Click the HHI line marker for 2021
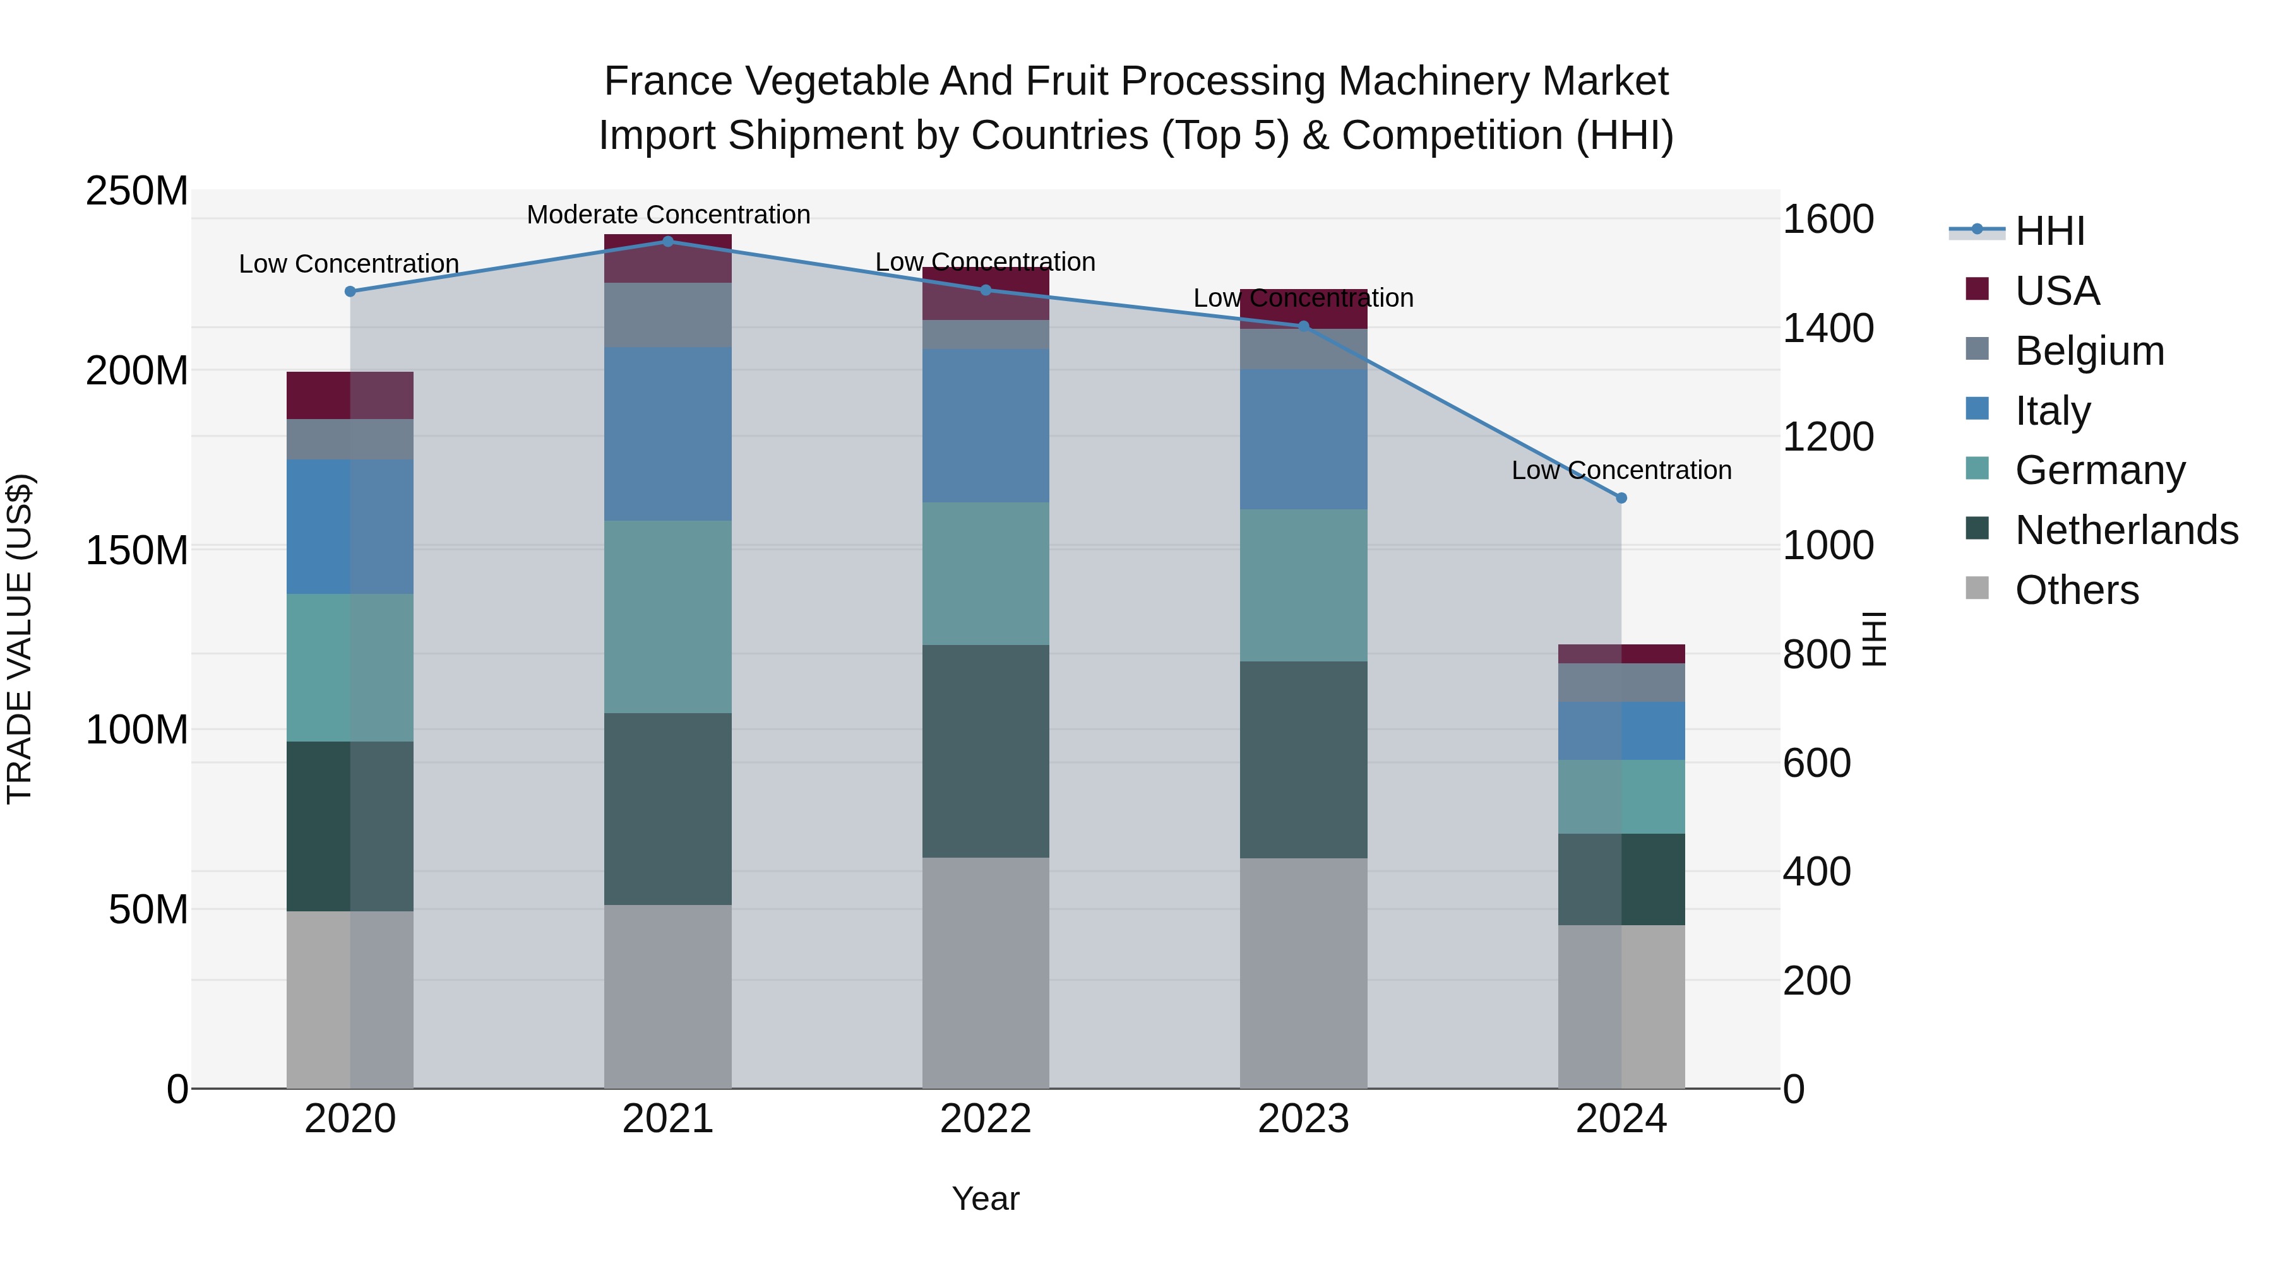667,242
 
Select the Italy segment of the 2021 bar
667,434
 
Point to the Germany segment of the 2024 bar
1621,796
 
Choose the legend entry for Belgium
2088,351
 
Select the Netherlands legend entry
2125,530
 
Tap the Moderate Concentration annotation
668,215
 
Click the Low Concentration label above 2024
1621,470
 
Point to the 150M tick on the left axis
137,550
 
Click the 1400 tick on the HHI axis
1827,328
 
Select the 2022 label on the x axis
986,1119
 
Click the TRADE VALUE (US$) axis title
20,639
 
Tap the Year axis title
986,1198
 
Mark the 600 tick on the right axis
1816,763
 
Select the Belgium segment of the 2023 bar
1303,348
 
